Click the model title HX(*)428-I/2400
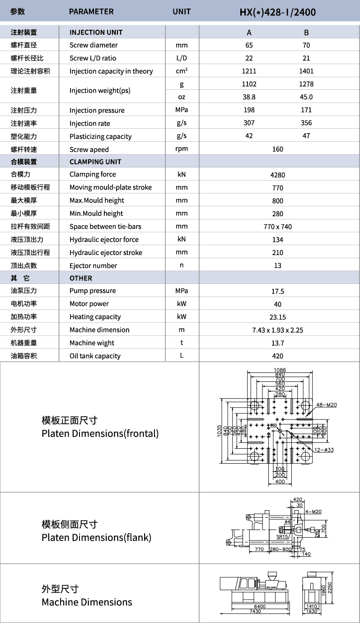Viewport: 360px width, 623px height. (x=277, y=12)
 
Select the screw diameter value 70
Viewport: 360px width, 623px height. (x=306, y=45)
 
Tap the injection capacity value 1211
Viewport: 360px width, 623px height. (x=249, y=71)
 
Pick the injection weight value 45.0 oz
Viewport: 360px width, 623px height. (x=306, y=97)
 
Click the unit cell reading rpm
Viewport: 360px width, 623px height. (x=182, y=149)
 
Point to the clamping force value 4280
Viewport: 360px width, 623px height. (x=277, y=175)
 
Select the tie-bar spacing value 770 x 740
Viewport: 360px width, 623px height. (x=277, y=227)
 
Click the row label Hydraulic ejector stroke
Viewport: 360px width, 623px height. (x=106, y=252)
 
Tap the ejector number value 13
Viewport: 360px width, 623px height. (x=277, y=265)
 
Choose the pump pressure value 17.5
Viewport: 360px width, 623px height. (x=277, y=291)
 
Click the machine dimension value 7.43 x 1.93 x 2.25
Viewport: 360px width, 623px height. (x=277, y=330)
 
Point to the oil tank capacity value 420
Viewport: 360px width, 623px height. (x=277, y=356)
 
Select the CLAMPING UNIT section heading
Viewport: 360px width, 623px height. (x=95, y=162)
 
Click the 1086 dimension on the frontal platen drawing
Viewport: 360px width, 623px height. (x=280, y=370)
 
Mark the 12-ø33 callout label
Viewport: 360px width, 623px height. (x=324, y=450)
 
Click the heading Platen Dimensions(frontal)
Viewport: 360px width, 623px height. (x=100, y=433)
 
